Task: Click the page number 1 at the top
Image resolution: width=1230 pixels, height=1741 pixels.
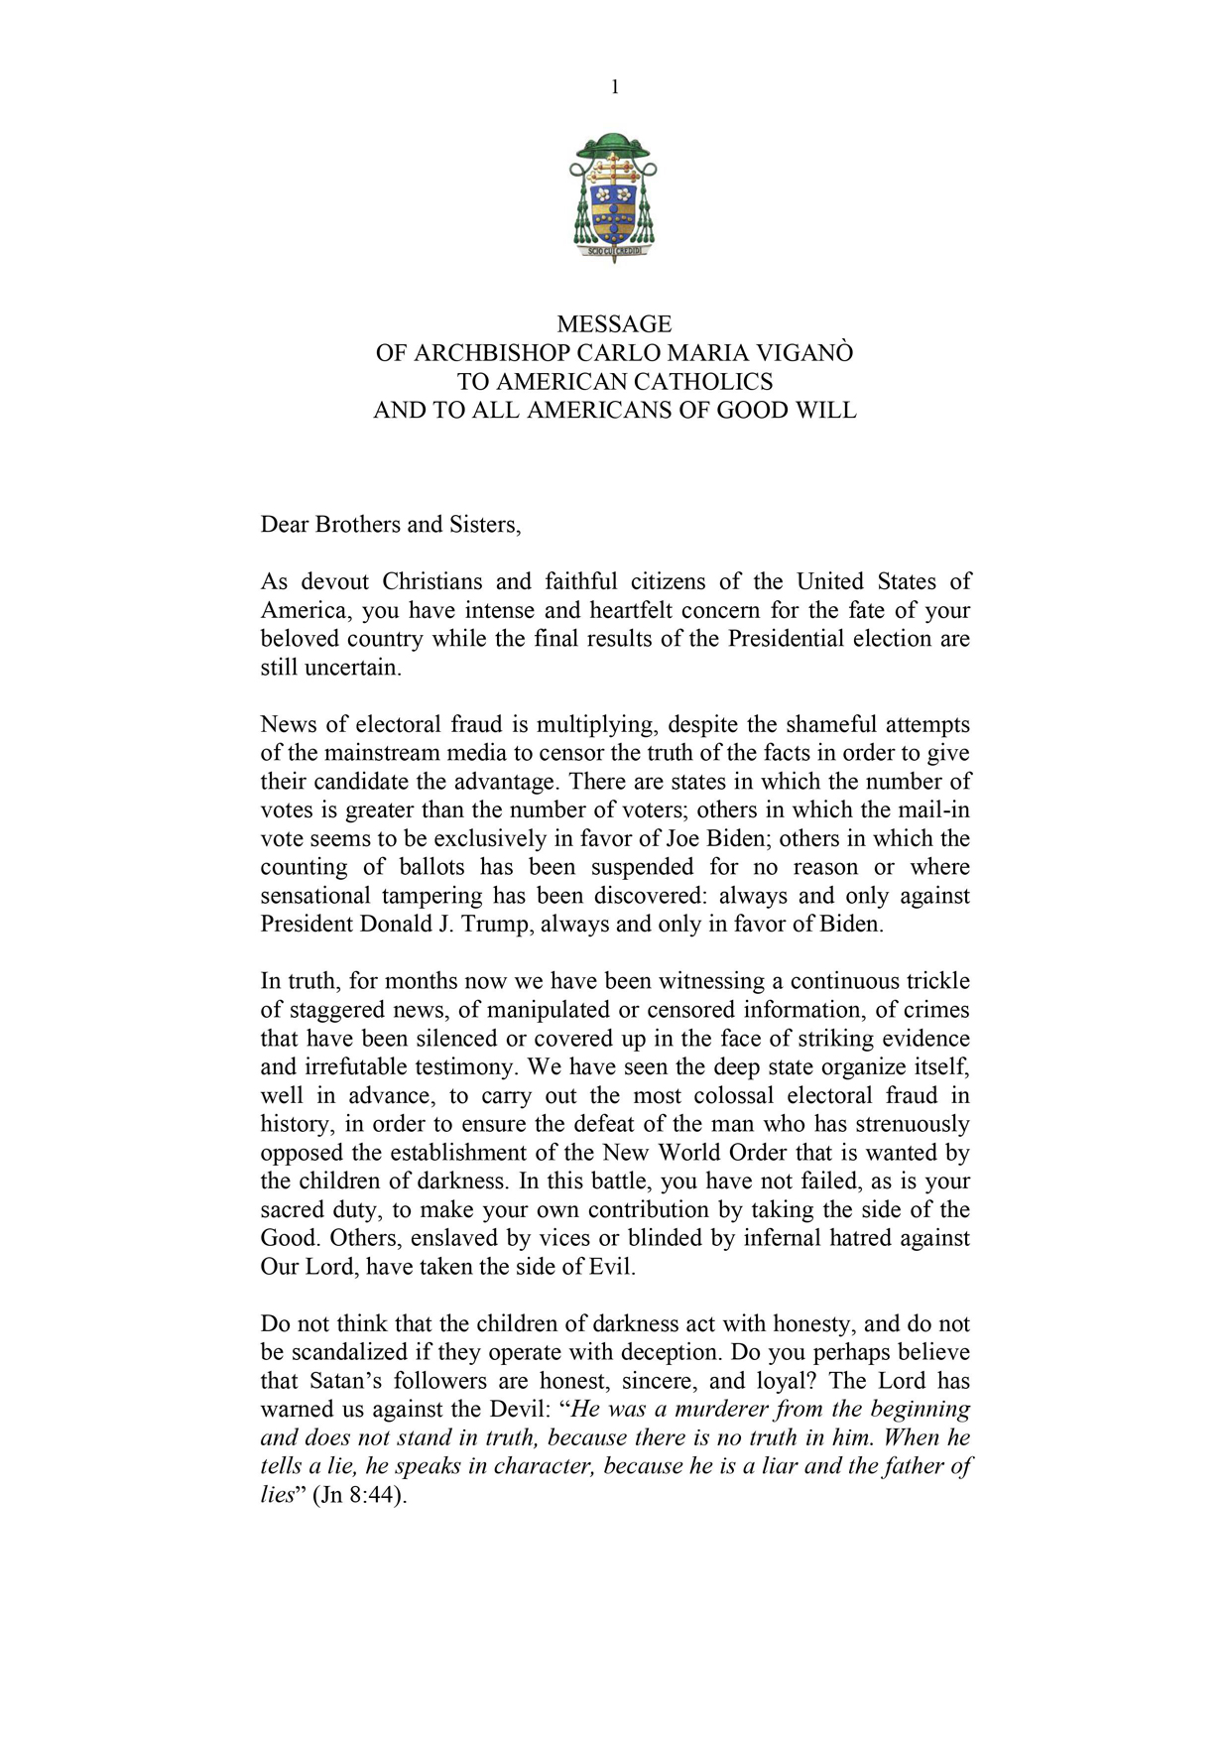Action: click(x=615, y=87)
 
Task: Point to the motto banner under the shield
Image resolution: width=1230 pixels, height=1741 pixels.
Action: click(x=615, y=252)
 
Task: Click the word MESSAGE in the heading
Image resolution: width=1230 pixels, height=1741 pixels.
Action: click(x=614, y=324)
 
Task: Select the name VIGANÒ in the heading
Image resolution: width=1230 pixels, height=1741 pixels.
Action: click(x=804, y=353)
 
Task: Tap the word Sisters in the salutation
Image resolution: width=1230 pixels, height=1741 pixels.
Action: click(x=484, y=525)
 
